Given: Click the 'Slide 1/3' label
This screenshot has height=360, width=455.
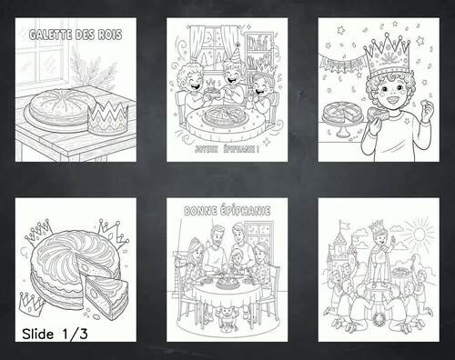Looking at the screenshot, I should pyautogui.click(x=56, y=335).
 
